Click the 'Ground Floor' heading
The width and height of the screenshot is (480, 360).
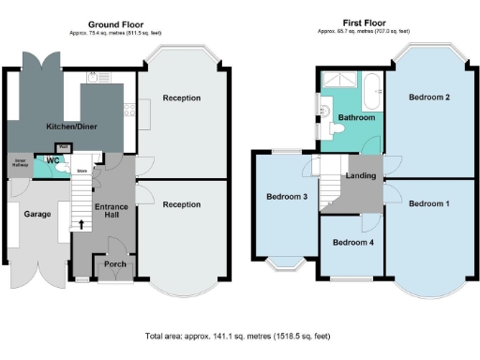(x=115, y=23)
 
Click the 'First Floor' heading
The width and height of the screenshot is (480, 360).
(x=364, y=23)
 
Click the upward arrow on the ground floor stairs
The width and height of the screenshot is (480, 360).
(x=82, y=224)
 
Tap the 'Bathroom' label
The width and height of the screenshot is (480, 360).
(x=356, y=118)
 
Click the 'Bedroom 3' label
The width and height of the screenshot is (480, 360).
(x=286, y=196)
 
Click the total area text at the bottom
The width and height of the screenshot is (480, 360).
(x=239, y=335)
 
